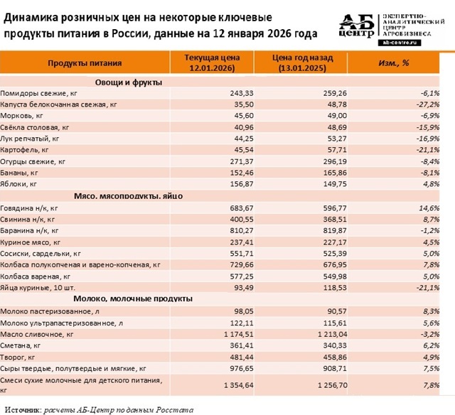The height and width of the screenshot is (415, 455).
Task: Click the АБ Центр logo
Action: point(361,29)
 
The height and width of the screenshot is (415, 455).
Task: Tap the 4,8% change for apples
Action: point(431,184)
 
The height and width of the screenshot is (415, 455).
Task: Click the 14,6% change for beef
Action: point(429,207)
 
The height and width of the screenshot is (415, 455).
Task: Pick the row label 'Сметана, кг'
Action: point(25,345)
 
